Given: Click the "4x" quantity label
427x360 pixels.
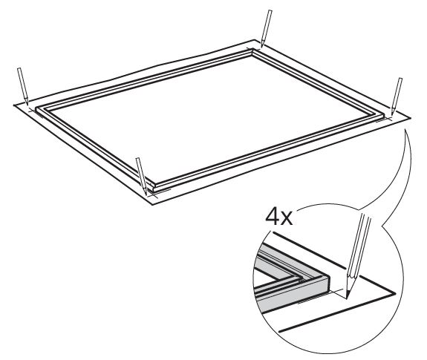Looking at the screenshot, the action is click(279, 217).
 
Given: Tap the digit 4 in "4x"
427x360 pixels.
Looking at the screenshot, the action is click(273, 217).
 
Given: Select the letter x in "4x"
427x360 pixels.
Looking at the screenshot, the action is click(287, 220).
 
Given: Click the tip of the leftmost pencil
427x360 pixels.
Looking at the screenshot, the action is click(27, 104).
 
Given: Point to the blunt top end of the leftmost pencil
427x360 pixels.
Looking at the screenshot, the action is click(19, 68).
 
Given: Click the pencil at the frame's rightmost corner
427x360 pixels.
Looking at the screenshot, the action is click(397, 96).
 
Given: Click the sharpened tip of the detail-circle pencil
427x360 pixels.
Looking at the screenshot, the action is click(347, 298).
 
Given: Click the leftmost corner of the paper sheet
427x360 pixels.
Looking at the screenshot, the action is click(13, 105).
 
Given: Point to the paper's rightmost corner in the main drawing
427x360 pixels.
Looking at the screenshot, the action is click(411, 118).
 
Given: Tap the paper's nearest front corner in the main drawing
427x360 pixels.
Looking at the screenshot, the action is click(152, 205).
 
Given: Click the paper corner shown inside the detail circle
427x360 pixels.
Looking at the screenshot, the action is click(395, 294).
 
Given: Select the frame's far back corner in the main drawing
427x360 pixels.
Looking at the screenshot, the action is click(252, 49).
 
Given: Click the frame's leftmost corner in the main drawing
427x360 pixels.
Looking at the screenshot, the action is click(36, 108).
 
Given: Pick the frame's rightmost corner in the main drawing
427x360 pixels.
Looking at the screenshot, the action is click(384, 115).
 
